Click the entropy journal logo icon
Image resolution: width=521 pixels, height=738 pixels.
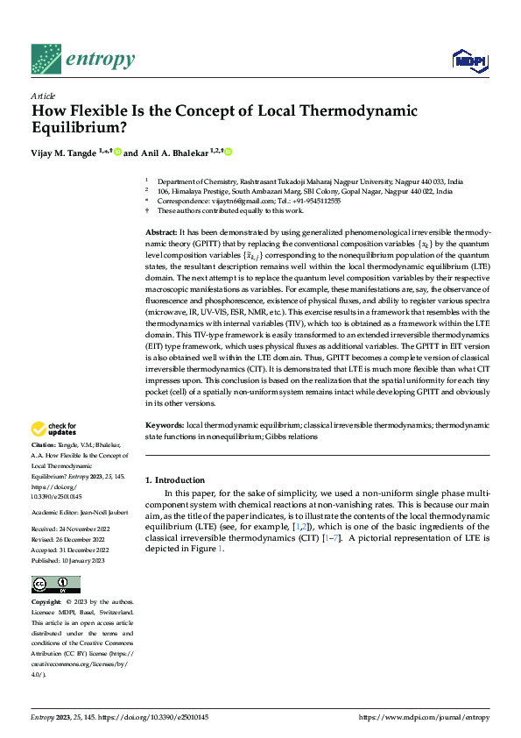(46, 59)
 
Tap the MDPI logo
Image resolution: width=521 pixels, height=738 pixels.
(468, 60)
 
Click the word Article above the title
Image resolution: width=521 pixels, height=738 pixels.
(43, 96)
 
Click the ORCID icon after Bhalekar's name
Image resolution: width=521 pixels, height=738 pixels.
(229, 153)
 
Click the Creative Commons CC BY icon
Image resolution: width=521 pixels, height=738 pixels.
(55, 585)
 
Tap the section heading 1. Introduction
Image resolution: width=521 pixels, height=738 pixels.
(175, 480)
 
